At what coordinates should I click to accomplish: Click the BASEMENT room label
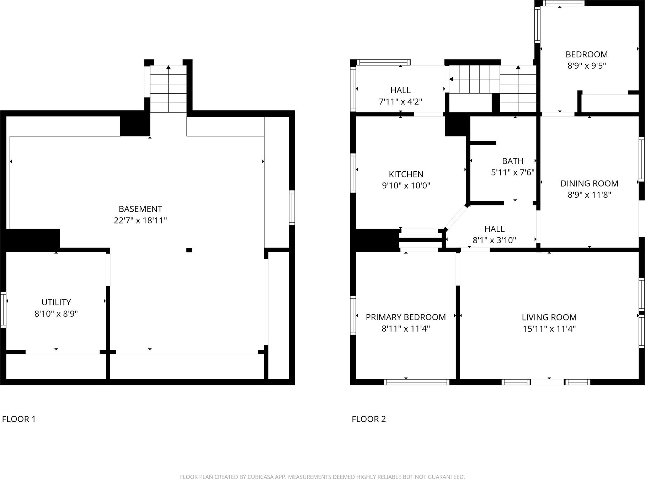(x=140, y=209)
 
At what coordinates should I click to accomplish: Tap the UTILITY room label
(x=56, y=302)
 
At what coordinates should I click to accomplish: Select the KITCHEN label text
(x=406, y=174)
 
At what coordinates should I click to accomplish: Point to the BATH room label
(x=513, y=161)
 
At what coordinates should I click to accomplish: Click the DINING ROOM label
(x=589, y=183)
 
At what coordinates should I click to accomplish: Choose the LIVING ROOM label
(x=549, y=317)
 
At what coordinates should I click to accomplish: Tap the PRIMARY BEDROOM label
(x=406, y=317)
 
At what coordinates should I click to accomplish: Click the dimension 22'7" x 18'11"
(x=140, y=220)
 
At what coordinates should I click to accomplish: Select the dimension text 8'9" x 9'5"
(x=587, y=66)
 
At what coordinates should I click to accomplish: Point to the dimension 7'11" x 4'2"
(x=400, y=101)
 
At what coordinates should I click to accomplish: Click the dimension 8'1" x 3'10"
(x=494, y=240)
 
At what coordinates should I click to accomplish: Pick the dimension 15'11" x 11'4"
(x=549, y=329)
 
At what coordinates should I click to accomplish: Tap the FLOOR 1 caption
(x=19, y=419)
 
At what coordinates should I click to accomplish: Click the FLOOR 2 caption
(x=369, y=419)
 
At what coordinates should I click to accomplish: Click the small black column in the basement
(x=189, y=250)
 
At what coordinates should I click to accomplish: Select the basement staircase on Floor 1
(x=168, y=89)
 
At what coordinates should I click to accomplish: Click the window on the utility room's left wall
(x=3, y=309)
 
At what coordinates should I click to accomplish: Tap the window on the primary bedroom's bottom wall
(x=417, y=382)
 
